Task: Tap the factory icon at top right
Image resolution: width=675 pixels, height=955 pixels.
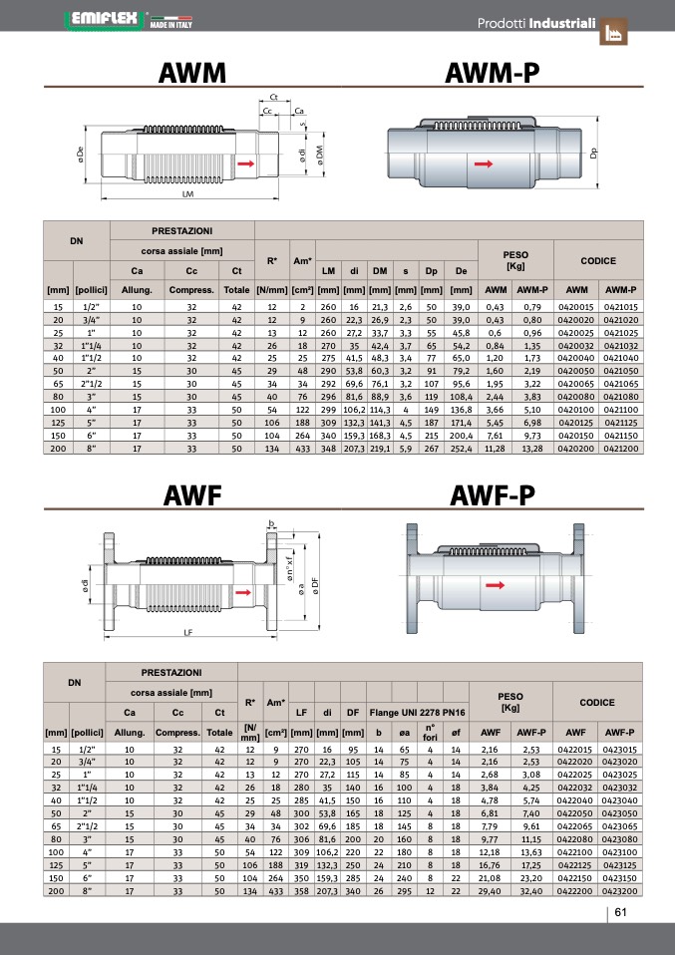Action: (613, 31)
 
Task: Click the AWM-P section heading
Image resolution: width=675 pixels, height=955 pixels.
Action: (492, 73)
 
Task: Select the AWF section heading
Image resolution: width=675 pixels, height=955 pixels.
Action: (192, 495)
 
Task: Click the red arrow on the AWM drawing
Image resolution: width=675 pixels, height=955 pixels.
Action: (246, 163)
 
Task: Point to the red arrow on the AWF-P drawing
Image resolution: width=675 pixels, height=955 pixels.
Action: (496, 585)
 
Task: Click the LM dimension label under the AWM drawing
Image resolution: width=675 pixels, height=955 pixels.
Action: (187, 194)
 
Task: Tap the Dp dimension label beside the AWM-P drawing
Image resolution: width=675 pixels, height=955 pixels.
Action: (594, 154)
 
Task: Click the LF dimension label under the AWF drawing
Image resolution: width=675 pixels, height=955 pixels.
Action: (188, 633)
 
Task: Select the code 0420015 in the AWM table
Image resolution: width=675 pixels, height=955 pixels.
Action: (575, 307)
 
